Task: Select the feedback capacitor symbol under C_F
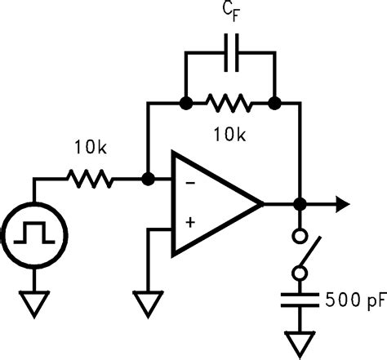click(230, 53)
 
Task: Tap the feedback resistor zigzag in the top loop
click(230, 104)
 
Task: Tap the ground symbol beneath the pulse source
click(33, 305)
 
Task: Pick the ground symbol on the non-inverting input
click(148, 305)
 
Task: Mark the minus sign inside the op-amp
click(190, 184)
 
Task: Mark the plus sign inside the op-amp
click(190, 222)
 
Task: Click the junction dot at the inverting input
click(148, 179)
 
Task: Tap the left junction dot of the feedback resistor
click(186, 104)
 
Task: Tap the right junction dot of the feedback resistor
click(275, 104)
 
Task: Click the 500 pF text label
click(353, 299)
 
